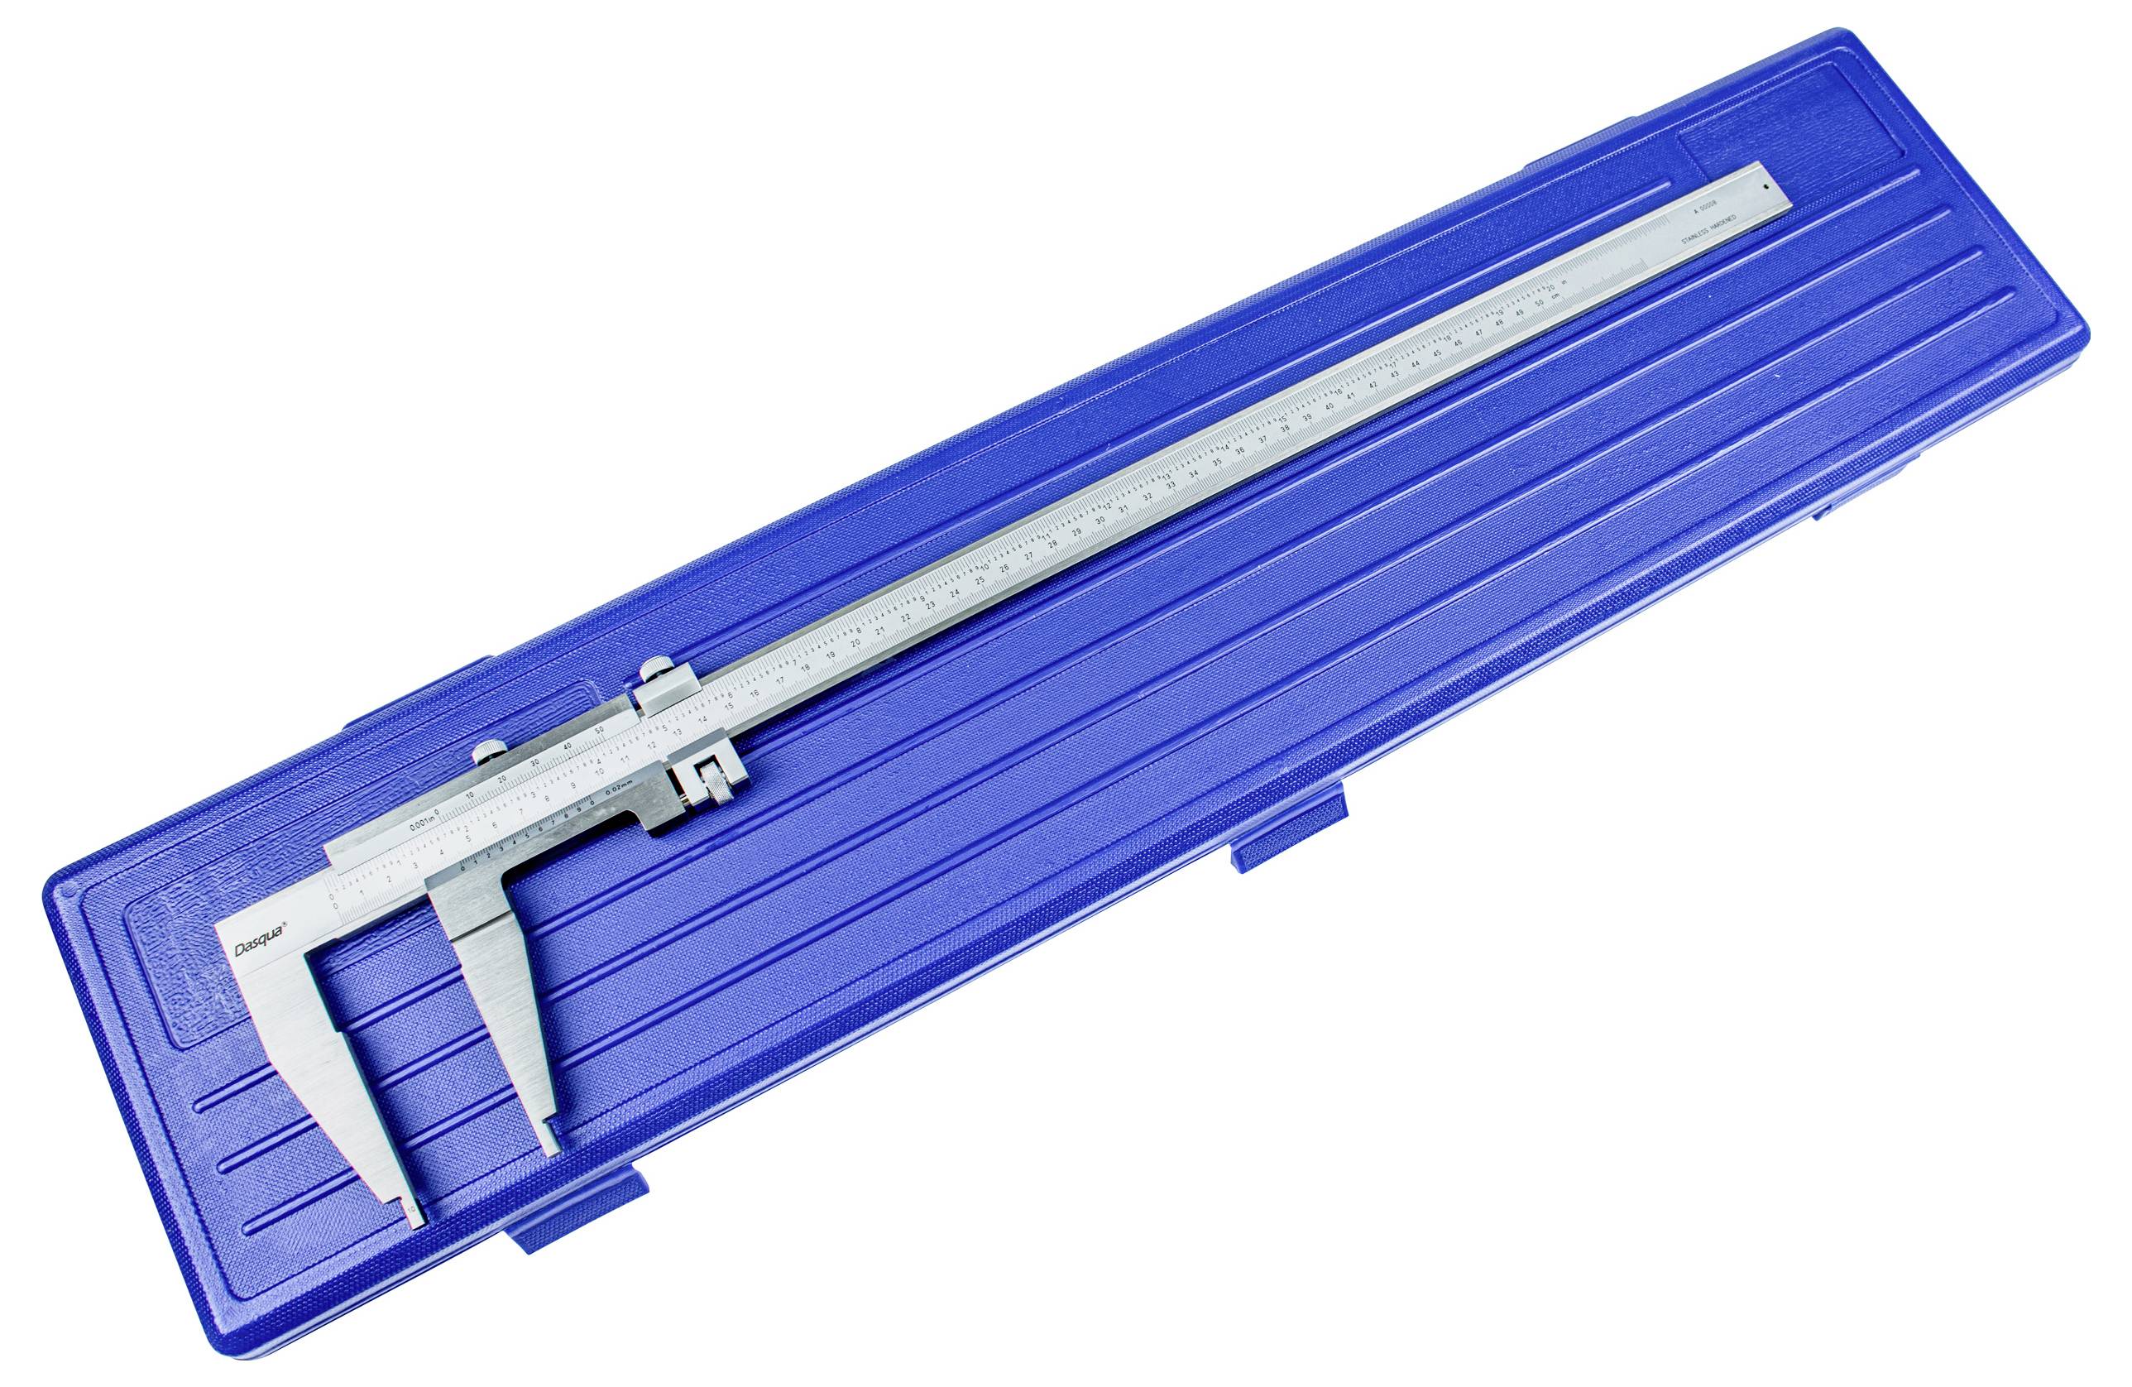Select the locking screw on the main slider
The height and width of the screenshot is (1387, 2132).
[487, 751]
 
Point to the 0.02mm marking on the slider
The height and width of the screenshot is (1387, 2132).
[619, 786]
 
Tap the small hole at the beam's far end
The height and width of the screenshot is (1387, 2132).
[1765, 185]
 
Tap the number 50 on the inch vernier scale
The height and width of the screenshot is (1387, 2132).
[599, 733]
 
